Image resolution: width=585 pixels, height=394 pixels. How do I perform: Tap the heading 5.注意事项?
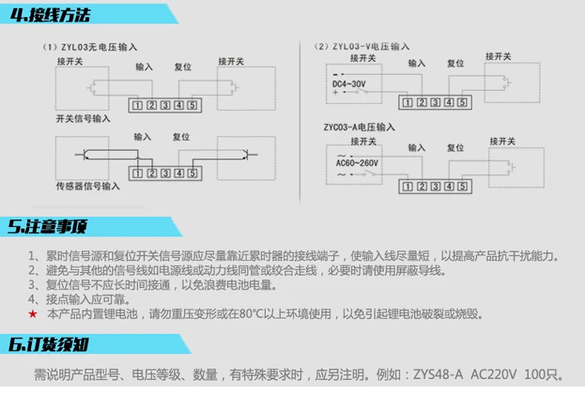coord(48,227)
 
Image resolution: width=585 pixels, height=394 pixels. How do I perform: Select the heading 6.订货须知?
coord(48,345)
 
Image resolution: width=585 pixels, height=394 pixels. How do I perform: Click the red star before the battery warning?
coord(32,314)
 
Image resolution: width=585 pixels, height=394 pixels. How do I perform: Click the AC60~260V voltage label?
coord(356,163)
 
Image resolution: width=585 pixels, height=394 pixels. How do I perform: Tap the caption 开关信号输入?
coord(83,119)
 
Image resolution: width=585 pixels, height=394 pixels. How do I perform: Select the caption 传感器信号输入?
coord(88,186)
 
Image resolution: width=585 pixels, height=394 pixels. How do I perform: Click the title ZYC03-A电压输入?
coord(360,126)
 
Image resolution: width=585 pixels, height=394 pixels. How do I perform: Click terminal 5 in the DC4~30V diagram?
coord(462,102)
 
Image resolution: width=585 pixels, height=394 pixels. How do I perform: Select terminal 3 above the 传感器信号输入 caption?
coord(165,173)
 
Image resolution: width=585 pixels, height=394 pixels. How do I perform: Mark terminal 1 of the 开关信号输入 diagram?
coord(137,105)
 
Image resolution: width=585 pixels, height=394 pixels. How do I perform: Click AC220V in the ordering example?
coord(495,375)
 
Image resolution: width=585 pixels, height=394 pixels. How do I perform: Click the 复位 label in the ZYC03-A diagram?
coord(455,147)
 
